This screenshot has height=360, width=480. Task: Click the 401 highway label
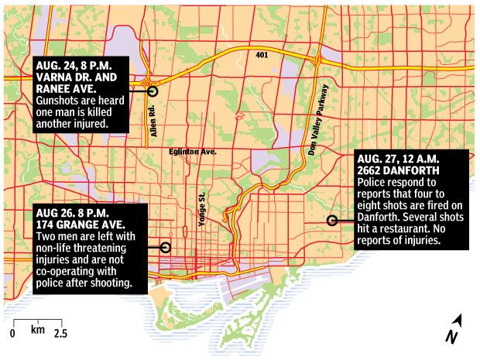pyautogui.click(x=262, y=55)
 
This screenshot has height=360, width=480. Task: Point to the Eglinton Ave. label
pyautogui.click(x=192, y=153)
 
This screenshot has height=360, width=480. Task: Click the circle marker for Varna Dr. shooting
pyautogui.click(x=152, y=91)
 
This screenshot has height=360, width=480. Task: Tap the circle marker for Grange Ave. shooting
pyautogui.click(x=164, y=248)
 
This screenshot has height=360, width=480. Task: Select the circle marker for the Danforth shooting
pyautogui.click(x=332, y=220)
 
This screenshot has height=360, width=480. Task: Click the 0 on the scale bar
pyautogui.click(x=13, y=333)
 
